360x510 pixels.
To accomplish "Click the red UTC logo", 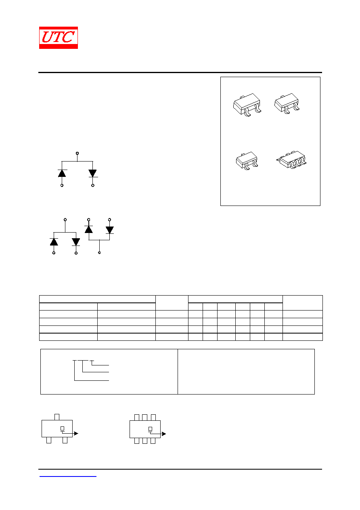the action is click(x=59, y=38).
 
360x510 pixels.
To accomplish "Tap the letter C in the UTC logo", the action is click(x=68, y=37).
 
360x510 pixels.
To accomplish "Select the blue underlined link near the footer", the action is click(x=68, y=476).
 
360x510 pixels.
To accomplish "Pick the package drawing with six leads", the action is click(x=291, y=160).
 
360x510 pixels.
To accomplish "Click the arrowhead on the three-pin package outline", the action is click(x=76, y=434).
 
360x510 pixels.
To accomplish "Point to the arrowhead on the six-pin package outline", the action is click(x=164, y=434).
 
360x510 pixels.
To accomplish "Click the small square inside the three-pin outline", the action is click(x=62, y=428).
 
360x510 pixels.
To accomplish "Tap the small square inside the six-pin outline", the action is click(x=150, y=429).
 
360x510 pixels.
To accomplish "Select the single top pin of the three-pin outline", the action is click(x=57, y=417).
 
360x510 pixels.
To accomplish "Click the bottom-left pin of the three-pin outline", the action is click(x=49, y=440).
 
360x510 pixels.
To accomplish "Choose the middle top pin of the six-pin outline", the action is click(x=145, y=418).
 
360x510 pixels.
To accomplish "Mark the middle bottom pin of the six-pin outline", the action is click(x=145, y=441).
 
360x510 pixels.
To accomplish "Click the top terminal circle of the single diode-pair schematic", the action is click(x=77, y=153).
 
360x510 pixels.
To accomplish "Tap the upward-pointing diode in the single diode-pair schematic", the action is click(x=62, y=173).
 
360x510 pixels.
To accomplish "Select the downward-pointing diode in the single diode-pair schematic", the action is click(x=92, y=173).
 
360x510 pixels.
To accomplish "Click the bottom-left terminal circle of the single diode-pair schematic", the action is click(x=62, y=186).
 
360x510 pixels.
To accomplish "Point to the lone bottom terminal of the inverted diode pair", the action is click(x=99, y=253).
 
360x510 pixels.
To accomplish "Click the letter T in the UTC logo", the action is click(x=59, y=37).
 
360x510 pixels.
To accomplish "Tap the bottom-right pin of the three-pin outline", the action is click(x=65, y=440).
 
